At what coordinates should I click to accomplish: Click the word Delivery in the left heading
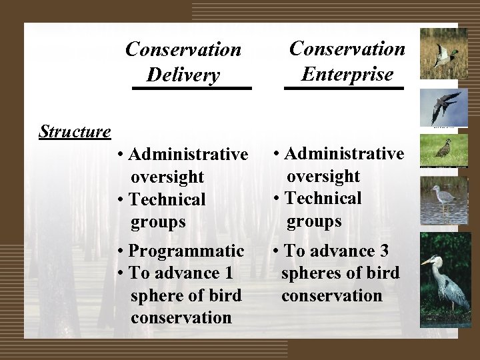point(183,75)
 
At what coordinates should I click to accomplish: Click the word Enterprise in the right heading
point(347,73)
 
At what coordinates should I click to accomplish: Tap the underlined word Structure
point(75,131)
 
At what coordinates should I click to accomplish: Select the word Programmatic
point(187,251)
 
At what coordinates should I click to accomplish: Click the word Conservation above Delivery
point(183,50)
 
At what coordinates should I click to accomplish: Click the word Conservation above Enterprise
point(347,49)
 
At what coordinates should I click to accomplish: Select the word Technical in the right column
point(323,198)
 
